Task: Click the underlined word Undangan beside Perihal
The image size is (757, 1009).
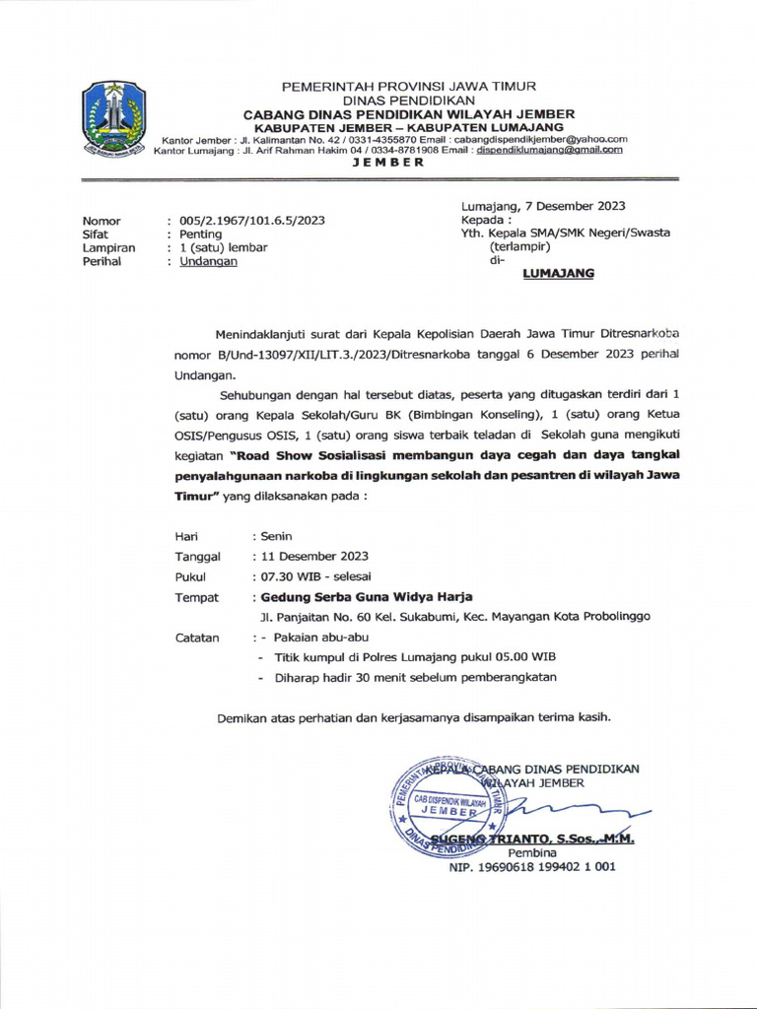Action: coord(208,262)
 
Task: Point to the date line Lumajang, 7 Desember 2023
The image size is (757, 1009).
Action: coord(543,205)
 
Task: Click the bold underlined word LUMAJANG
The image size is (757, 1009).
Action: coord(557,274)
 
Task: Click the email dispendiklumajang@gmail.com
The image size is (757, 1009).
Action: coord(549,150)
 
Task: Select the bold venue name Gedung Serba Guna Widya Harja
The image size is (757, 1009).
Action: coord(366,596)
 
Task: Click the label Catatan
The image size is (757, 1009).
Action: coord(197,638)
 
